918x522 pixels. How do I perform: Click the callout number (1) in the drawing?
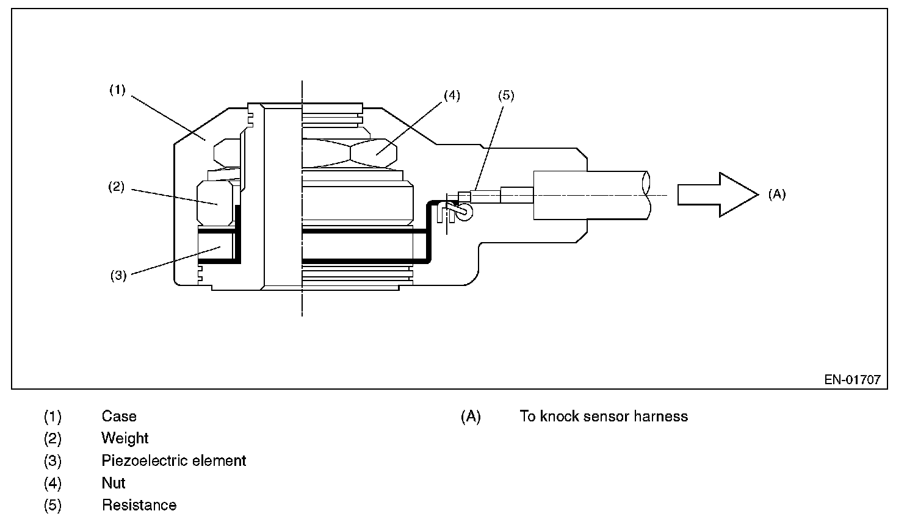117,90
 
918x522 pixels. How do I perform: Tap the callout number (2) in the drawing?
116,187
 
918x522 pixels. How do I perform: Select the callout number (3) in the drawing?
118,275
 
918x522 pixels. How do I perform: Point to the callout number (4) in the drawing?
452,95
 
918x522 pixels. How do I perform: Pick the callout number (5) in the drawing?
506,95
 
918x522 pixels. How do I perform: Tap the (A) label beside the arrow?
776,195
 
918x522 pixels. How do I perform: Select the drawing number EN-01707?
852,379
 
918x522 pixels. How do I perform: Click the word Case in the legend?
119,417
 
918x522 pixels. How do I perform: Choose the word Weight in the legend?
125,438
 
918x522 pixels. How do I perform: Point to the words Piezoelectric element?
174,460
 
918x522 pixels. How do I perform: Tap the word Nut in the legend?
114,483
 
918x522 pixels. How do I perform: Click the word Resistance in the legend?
139,505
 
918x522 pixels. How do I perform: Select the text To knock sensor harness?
604,417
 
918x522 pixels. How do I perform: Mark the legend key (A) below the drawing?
471,417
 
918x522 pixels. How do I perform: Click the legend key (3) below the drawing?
52,460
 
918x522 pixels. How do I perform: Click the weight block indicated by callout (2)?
215,201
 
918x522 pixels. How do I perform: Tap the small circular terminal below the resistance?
464,212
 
